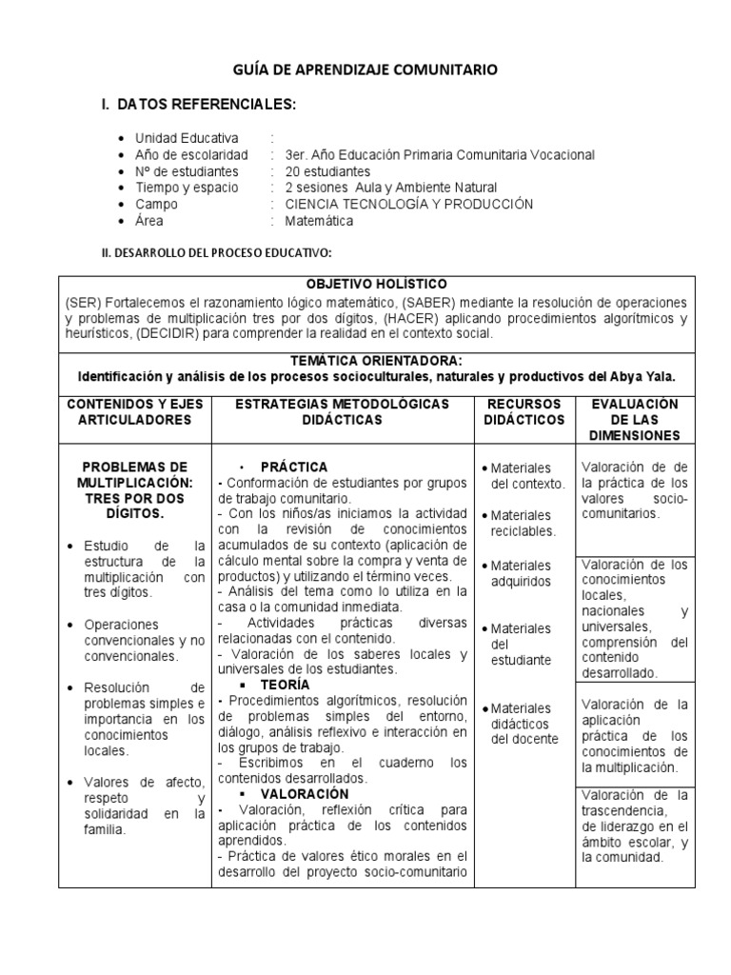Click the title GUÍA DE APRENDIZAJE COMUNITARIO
[365, 70]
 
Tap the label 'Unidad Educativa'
[187, 138]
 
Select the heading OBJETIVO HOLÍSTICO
[375, 285]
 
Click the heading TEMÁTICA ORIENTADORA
[377, 361]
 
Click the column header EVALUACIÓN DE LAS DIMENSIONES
[634, 419]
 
